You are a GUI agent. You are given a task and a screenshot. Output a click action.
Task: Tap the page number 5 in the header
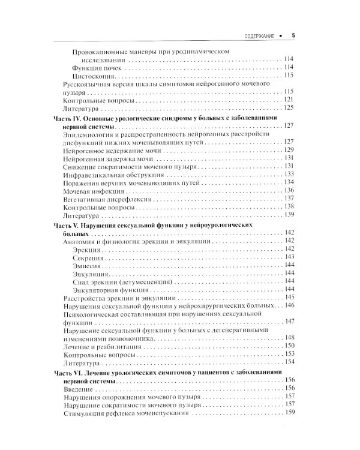[x=293, y=35]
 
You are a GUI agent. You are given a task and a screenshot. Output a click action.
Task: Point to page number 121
[x=288, y=100]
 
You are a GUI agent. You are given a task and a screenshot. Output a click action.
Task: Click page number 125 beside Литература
[x=288, y=108]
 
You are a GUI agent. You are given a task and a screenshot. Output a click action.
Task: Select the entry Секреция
[x=87, y=257]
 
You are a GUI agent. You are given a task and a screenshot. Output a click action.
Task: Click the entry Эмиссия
[x=86, y=265]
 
